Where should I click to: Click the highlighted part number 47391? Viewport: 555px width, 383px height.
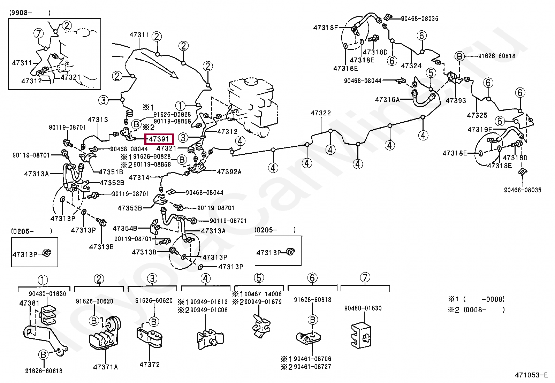pyautogui.click(x=159, y=139)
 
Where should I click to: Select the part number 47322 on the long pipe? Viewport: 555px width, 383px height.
pyautogui.click(x=321, y=113)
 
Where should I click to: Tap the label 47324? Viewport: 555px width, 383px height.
pyautogui.click(x=411, y=66)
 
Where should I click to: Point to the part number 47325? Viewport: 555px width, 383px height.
pyautogui.click(x=477, y=115)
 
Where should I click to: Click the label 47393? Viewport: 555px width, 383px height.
pyautogui.click(x=456, y=101)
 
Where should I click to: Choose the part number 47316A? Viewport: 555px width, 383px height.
pyautogui.click(x=387, y=99)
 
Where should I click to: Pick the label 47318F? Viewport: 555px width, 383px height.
pyautogui.click(x=326, y=28)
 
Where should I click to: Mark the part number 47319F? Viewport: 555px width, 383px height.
pyautogui.click(x=480, y=130)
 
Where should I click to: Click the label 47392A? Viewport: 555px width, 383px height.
pyautogui.click(x=229, y=171)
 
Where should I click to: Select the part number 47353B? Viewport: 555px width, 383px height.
pyautogui.click(x=130, y=208)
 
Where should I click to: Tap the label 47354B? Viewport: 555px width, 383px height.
pyautogui.click(x=125, y=228)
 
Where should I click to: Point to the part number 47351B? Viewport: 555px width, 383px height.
pyautogui.click(x=111, y=172)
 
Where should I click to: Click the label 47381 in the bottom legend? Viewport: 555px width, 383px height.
pyautogui.click(x=30, y=303)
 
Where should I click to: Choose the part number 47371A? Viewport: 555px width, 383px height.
pyautogui.click(x=106, y=367)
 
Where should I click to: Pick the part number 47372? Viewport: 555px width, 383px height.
pyautogui.click(x=150, y=365)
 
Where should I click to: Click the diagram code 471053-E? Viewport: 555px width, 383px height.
pyautogui.click(x=531, y=375)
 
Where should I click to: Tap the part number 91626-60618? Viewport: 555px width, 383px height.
pyautogui.click(x=44, y=371)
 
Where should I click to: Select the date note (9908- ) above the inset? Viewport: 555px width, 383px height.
pyautogui.click(x=29, y=13)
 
